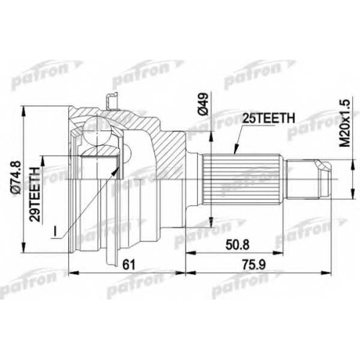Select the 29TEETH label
(x=35, y=194)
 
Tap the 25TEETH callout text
(x=269, y=118)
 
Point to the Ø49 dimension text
(x=204, y=104)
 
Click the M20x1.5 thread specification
(x=345, y=123)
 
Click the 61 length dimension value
(x=129, y=265)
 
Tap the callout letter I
(x=55, y=231)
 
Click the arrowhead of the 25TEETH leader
(x=235, y=150)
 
